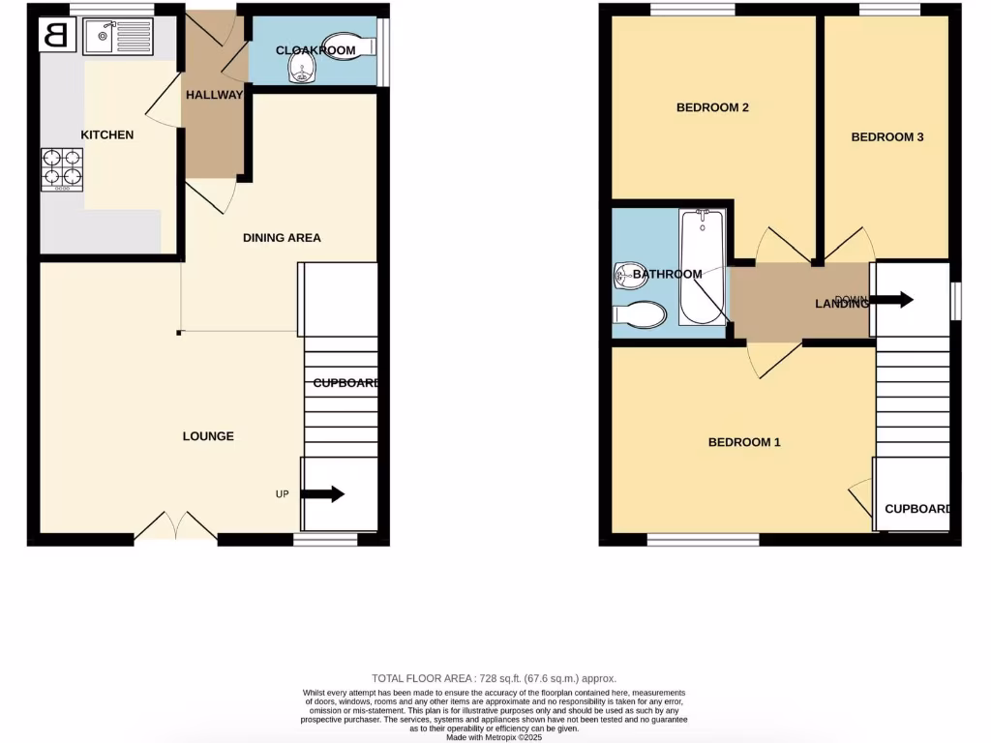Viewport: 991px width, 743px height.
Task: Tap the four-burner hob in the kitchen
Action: click(61, 169)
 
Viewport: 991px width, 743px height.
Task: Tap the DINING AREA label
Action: click(282, 238)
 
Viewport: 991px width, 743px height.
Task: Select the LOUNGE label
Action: click(208, 436)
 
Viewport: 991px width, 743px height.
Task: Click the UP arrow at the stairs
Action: click(323, 494)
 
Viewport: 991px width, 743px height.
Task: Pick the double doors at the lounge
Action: click(175, 526)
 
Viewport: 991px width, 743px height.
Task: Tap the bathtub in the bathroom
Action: click(702, 266)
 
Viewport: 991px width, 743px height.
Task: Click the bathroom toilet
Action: click(641, 314)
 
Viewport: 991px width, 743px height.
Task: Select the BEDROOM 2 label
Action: click(712, 107)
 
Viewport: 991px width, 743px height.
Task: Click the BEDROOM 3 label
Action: click(886, 137)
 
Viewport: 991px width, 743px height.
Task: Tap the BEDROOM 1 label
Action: click(744, 442)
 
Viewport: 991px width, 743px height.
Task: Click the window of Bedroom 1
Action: click(703, 539)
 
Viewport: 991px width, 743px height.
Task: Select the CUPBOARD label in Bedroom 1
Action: click(916, 509)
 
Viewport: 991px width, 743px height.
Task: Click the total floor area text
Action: click(495, 678)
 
